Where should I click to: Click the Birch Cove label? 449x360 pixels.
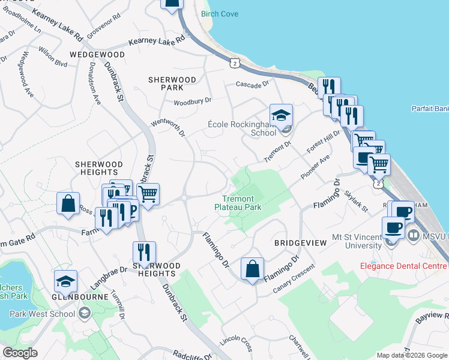[x=220, y=14]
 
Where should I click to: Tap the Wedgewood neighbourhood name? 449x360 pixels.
[x=97, y=55]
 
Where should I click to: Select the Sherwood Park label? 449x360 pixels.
[x=172, y=83]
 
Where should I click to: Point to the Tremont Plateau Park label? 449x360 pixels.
[x=238, y=203]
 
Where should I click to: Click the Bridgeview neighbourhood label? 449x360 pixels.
[x=300, y=243]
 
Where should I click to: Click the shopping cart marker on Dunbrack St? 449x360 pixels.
[x=148, y=194]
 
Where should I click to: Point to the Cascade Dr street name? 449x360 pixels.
[x=254, y=85]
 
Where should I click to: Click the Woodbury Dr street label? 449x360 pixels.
[x=193, y=101]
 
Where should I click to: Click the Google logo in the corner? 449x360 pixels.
[x=20, y=353]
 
